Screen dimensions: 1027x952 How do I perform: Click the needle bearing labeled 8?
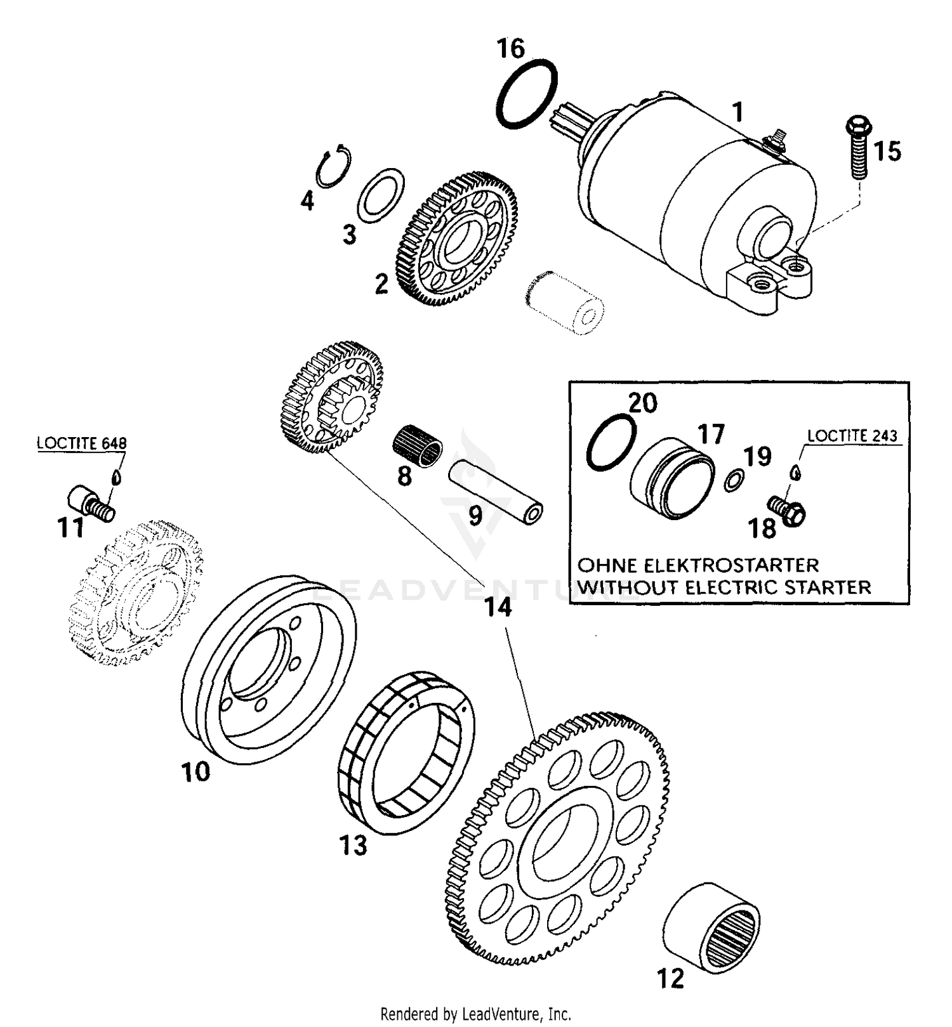[x=417, y=447]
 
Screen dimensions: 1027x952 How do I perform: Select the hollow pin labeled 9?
[x=496, y=492]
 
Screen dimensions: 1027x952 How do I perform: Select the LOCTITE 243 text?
[x=852, y=435]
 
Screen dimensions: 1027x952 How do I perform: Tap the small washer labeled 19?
[x=734, y=480]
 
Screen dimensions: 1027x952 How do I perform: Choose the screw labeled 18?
[x=788, y=508]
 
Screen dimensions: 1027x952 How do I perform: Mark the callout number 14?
[x=498, y=608]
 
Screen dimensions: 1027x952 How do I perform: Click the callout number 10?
[x=196, y=772]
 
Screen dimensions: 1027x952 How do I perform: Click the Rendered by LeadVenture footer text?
[x=475, y=1013]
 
